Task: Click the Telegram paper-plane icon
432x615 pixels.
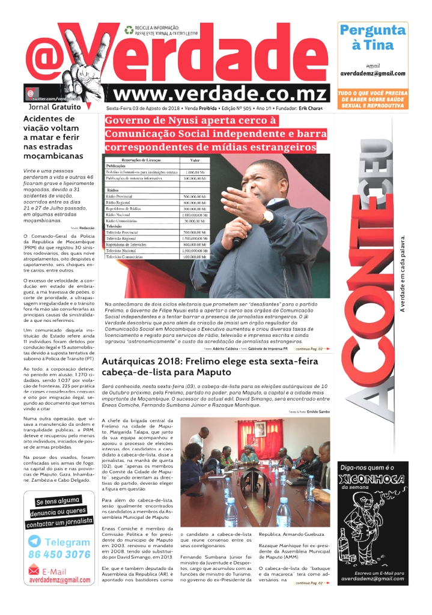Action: coord(36,542)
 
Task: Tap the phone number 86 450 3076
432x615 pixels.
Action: coord(59,554)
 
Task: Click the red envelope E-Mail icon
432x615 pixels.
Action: coord(34,571)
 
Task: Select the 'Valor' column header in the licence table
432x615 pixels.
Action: coord(195,160)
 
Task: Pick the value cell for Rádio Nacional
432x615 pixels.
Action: coord(195,214)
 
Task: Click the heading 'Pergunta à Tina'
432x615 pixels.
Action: coord(373,37)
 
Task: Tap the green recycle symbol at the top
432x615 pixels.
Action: coord(129,29)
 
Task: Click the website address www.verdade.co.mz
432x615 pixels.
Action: coord(219,94)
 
